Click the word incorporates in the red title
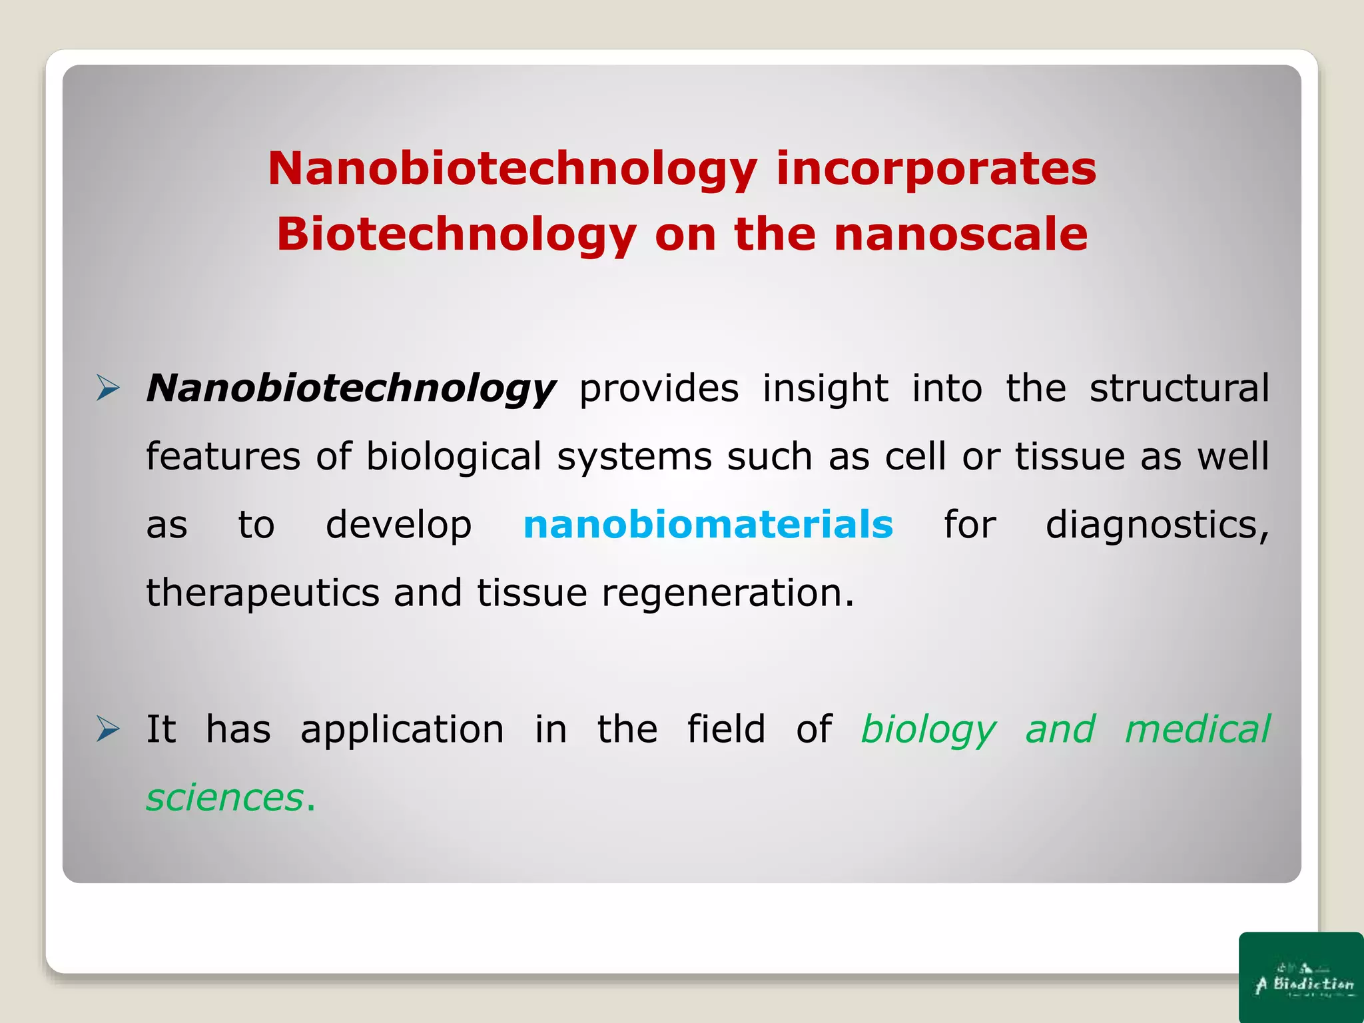pos(936,169)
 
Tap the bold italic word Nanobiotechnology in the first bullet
pos(350,388)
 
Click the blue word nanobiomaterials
pos(707,524)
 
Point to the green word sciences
pos(225,797)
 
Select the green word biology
pos(928,730)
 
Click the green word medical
pos(1197,729)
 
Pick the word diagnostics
pos(1157,525)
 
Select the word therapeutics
pos(262,593)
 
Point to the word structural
pos(1179,388)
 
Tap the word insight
pos(825,388)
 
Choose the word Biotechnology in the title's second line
pos(456,236)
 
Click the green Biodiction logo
pos(1301,978)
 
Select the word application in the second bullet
pos(402,730)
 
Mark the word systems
pos(634,458)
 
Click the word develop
pos(398,525)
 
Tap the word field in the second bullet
pos(726,729)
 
